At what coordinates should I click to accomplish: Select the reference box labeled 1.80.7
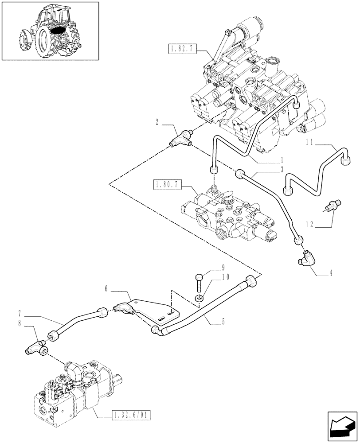click(167, 184)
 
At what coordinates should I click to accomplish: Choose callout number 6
click(107, 288)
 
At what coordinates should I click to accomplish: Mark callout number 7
click(21, 317)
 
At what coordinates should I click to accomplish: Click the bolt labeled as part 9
click(199, 281)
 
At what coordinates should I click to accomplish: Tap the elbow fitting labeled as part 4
click(304, 257)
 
